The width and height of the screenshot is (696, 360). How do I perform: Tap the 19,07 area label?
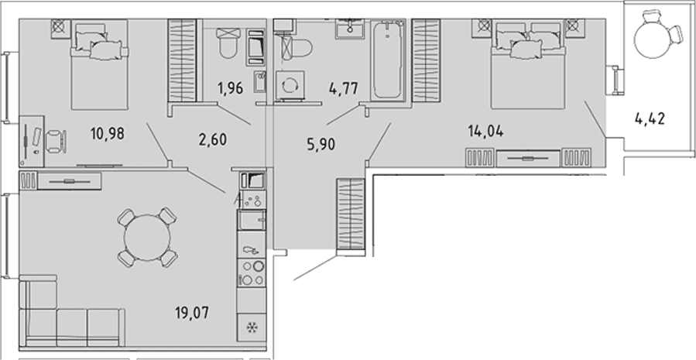pyautogui.click(x=192, y=313)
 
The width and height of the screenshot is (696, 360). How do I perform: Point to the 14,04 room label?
pyautogui.click(x=485, y=131)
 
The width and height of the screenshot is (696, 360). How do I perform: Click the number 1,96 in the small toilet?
pyautogui.click(x=231, y=88)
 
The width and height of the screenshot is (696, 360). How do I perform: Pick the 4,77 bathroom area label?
pyautogui.click(x=344, y=87)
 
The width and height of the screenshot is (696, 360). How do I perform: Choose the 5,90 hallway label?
pyautogui.click(x=321, y=144)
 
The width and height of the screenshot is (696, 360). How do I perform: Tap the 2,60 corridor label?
pyautogui.click(x=212, y=140)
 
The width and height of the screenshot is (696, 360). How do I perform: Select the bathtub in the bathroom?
pyautogui.click(x=388, y=60)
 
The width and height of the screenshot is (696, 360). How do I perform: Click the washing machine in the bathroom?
pyautogui.click(x=288, y=85)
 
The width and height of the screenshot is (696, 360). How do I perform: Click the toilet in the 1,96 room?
pyautogui.click(x=229, y=43)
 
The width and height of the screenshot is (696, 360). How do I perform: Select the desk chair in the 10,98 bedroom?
pyautogui.click(x=57, y=140)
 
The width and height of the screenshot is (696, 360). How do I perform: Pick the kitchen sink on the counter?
pyautogui.click(x=252, y=219)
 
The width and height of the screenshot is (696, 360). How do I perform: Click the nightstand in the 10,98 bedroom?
pyautogui.click(x=59, y=27)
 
